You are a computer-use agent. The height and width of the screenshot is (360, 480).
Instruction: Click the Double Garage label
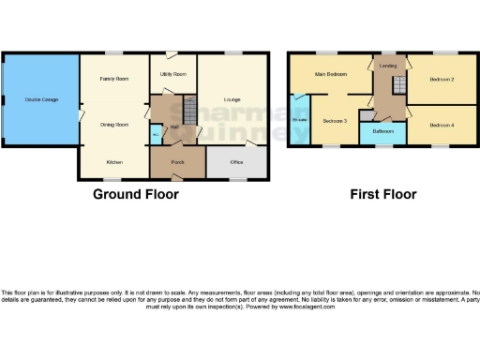coord(39,98)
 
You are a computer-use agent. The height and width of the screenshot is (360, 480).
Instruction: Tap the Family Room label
coord(114,79)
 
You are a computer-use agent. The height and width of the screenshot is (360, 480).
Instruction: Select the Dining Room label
coord(114,123)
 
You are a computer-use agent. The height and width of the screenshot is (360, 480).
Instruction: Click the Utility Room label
coord(172,72)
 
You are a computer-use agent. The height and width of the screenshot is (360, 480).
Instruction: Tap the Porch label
coord(177,161)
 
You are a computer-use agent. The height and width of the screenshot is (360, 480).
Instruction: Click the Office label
coord(237,161)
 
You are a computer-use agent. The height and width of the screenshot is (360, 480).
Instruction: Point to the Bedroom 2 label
coord(442,80)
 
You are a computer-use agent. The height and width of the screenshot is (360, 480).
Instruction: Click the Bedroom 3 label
coord(335,121)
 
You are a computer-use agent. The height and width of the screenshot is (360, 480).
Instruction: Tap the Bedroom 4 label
coord(442,125)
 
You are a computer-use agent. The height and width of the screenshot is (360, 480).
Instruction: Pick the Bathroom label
coord(381,132)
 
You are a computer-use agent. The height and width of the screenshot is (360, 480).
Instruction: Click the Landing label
coord(387,67)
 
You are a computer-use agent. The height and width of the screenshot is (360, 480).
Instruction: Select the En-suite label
coord(301,120)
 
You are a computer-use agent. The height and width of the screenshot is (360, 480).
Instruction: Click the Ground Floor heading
coord(135,195)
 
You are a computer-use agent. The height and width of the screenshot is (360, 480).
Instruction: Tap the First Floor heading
coord(382,195)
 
